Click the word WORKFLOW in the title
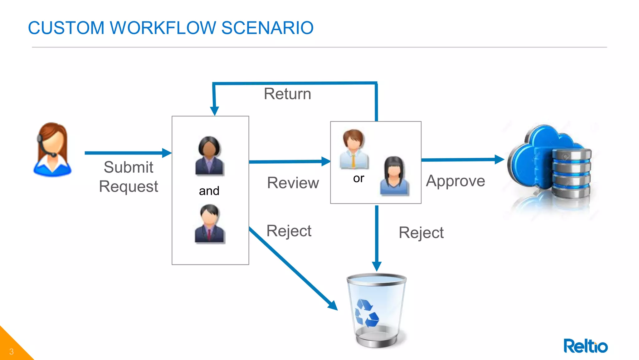[163, 28]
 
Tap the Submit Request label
[128, 177]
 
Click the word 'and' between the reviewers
[209, 191]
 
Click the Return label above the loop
[287, 94]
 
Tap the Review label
[293, 183]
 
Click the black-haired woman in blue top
[394, 176]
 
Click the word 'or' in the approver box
[359, 178]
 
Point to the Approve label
[455, 181]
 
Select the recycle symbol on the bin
[367, 313]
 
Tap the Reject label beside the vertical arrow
[421, 233]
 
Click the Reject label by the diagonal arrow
[289, 231]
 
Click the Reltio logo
[585, 346]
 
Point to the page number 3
[11, 352]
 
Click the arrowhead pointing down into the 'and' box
[214, 111]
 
